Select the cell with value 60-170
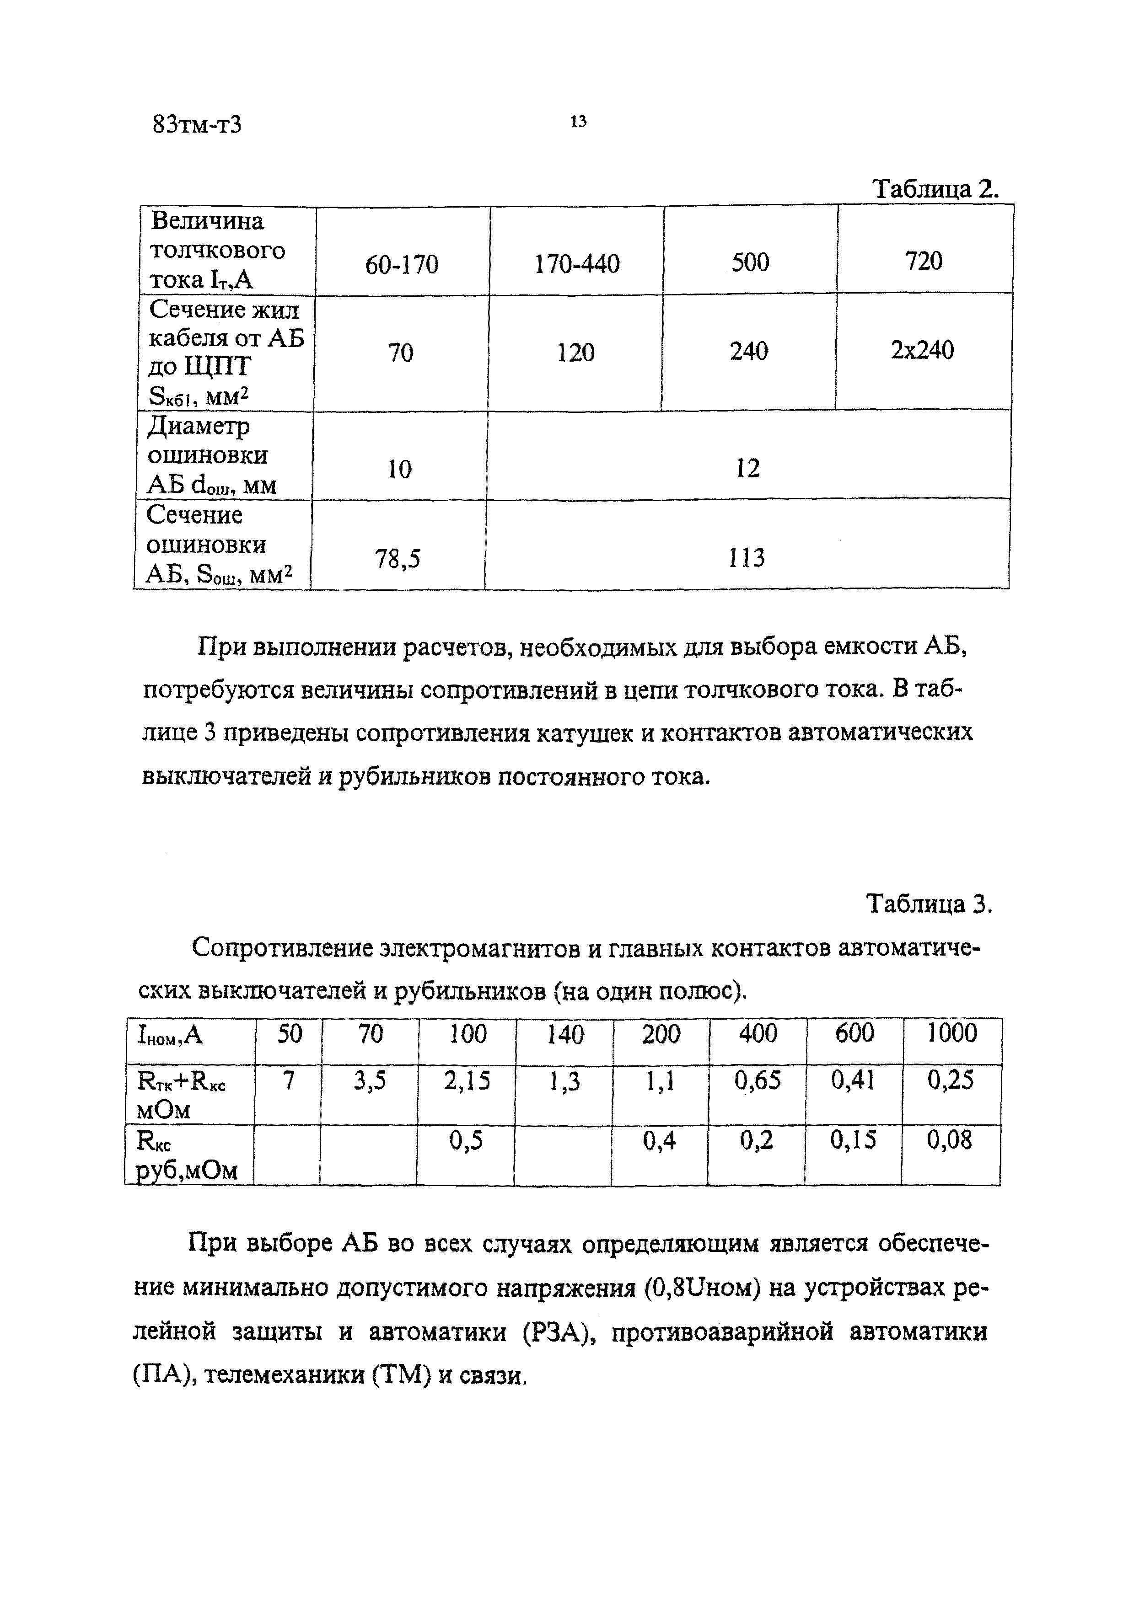pos(402,265)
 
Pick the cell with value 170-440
pos(577,264)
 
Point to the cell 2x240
pos(922,350)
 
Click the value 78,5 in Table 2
pos(398,558)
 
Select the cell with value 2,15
pos(467,1081)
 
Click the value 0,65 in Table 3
pos(757,1081)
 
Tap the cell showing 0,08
pos(950,1140)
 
